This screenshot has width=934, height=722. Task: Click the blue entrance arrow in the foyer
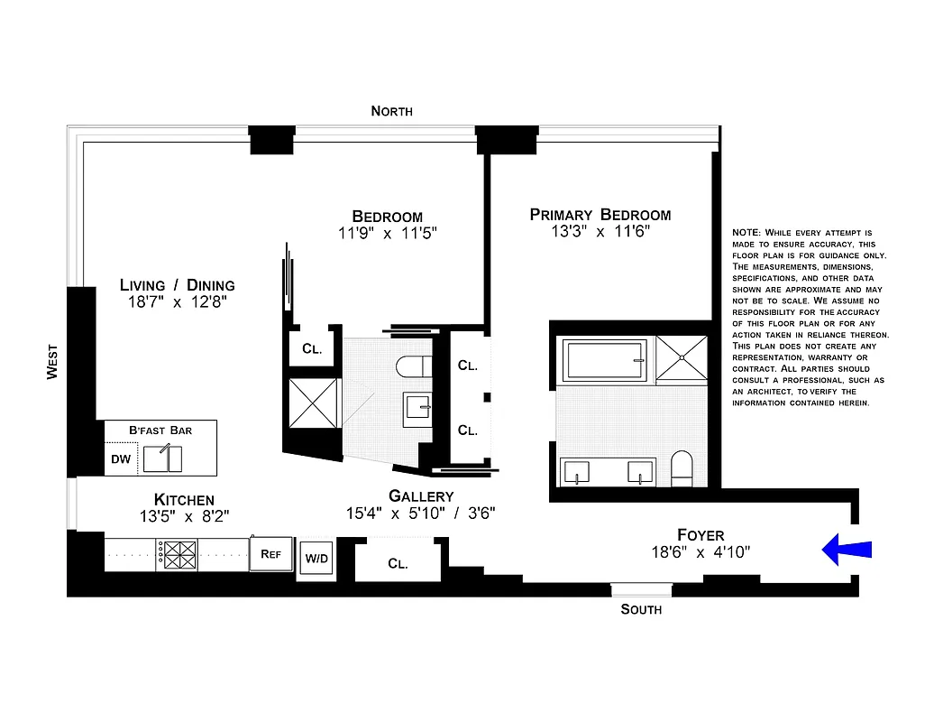click(847, 549)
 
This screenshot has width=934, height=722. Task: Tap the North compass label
click(391, 111)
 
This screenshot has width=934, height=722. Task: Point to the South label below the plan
click(641, 610)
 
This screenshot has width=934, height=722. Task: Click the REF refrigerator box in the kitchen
click(271, 554)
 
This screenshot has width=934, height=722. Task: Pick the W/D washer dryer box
click(316, 559)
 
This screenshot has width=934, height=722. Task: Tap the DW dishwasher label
click(121, 459)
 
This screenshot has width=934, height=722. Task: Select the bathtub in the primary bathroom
click(605, 359)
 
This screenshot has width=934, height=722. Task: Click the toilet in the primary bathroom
click(682, 467)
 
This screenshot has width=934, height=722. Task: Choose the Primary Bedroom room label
click(600, 215)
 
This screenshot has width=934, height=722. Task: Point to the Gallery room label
click(421, 496)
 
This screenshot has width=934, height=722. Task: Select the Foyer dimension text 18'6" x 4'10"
click(701, 551)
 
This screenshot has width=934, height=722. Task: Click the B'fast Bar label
click(160, 430)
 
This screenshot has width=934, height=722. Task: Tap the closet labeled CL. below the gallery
click(398, 563)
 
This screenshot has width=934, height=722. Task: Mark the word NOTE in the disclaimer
click(747, 233)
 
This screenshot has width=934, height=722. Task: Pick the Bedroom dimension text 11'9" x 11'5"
click(387, 233)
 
